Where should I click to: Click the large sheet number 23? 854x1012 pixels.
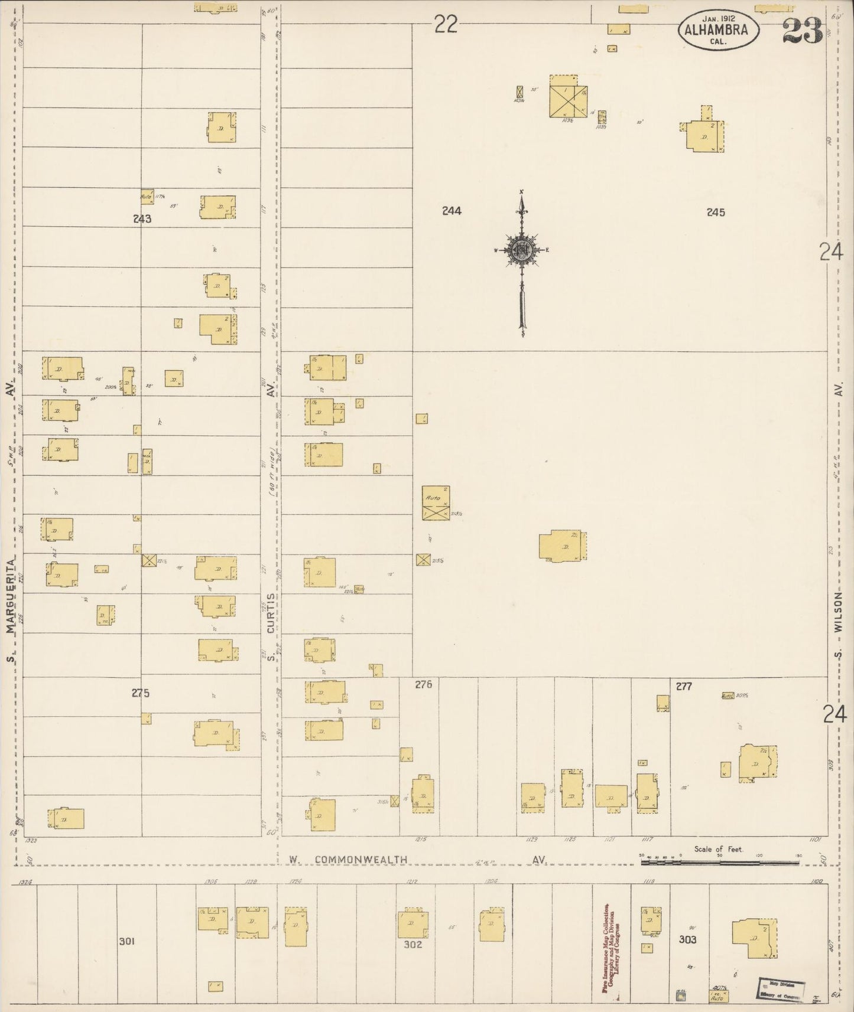click(x=803, y=30)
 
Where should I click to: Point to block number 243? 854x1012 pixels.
click(x=142, y=219)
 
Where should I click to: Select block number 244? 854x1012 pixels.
click(x=452, y=211)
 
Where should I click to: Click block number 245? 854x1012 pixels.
click(x=715, y=212)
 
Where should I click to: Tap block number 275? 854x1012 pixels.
click(x=141, y=693)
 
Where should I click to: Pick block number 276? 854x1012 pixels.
click(x=423, y=684)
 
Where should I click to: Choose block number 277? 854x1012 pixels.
click(x=684, y=686)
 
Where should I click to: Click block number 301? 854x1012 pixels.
click(x=126, y=941)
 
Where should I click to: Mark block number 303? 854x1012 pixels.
click(x=687, y=939)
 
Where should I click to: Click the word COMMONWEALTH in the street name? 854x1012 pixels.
click(x=361, y=860)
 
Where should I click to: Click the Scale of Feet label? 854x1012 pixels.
click(x=718, y=849)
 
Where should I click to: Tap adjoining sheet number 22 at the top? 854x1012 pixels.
click(x=446, y=25)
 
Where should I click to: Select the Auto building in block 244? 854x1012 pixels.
click(x=436, y=502)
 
